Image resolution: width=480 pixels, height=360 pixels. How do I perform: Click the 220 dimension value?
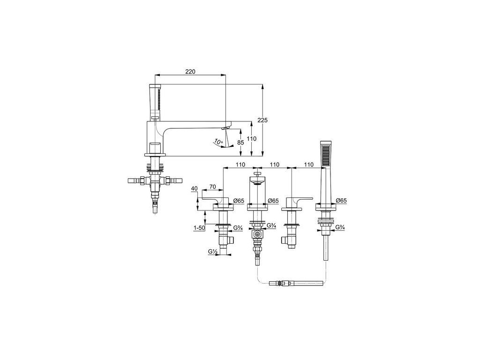190,71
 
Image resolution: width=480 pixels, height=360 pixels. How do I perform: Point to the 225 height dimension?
262,120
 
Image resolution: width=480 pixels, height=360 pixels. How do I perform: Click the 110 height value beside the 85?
252,139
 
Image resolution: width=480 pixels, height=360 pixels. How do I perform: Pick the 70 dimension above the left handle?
212,187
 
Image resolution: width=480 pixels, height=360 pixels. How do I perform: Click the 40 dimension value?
195,189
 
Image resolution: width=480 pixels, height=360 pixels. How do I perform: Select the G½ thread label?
212,252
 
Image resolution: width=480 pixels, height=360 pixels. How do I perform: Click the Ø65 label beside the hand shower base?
342,200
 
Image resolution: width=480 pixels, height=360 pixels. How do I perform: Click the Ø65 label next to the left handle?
239,201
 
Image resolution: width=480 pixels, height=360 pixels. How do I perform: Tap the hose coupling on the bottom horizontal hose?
281,283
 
